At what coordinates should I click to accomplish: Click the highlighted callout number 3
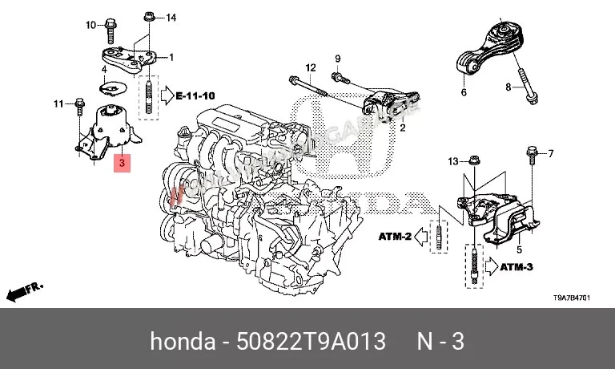(121, 164)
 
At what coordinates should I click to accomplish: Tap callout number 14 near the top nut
(170, 17)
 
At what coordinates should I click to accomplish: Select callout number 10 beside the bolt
(90, 24)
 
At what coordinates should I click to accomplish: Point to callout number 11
(58, 103)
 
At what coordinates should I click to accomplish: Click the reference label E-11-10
(196, 95)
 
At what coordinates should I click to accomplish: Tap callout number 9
(337, 58)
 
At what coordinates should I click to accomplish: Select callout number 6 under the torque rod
(463, 93)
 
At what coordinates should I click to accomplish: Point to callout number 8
(508, 86)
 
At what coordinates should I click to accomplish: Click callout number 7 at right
(550, 152)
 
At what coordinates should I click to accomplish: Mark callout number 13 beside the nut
(453, 162)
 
